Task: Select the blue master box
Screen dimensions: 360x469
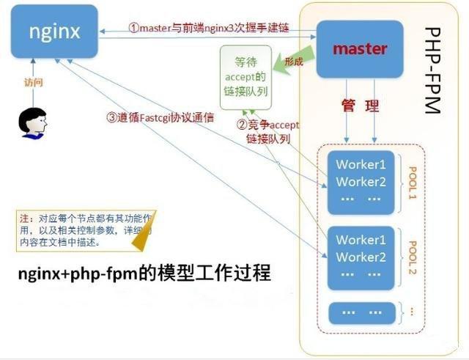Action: point(359,49)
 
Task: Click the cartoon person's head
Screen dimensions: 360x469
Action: point(33,122)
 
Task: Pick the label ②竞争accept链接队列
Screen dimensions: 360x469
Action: point(267,131)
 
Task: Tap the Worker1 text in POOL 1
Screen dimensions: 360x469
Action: point(361,164)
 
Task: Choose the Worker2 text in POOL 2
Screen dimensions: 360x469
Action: point(361,257)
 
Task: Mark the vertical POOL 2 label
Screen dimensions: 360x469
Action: point(412,258)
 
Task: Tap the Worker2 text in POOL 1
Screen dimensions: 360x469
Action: point(361,182)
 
